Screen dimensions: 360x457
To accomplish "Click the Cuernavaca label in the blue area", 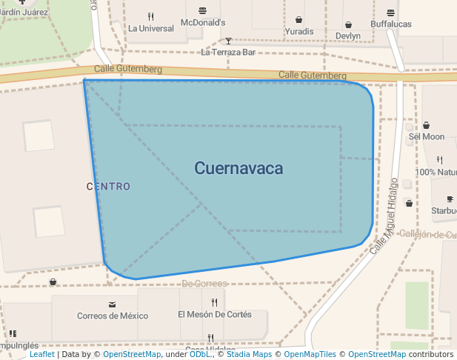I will [x=238, y=168].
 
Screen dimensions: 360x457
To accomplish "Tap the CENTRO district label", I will [x=108, y=186].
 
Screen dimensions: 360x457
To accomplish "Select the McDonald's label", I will [x=203, y=22].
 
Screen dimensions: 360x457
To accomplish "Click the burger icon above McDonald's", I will [x=203, y=10].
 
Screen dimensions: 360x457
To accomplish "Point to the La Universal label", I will [x=151, y=28].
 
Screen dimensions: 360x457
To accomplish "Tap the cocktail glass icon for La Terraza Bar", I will [x=228, y=41].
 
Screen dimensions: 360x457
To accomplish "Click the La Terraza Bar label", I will [x=228, y=53].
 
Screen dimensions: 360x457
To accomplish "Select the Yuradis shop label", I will [x=298, y=32].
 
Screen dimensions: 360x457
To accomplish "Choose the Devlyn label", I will [x=347, y=36].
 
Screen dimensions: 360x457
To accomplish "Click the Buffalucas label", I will [x=390, y=24].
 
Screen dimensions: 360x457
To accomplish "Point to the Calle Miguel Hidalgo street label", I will [x=384, y=216].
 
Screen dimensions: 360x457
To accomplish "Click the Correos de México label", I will [x=113, y=316].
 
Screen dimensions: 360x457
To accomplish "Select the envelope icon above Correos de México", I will [x=112, y=304].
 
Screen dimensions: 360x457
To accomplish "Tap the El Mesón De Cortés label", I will [x=214, y=314].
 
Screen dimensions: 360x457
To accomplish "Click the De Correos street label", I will [x=204, y=284].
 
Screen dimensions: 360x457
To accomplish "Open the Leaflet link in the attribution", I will [x=41, y=355].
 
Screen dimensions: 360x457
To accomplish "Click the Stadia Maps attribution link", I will [x=249, y=355].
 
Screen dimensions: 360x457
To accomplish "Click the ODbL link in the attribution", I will [x=200, y=355].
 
